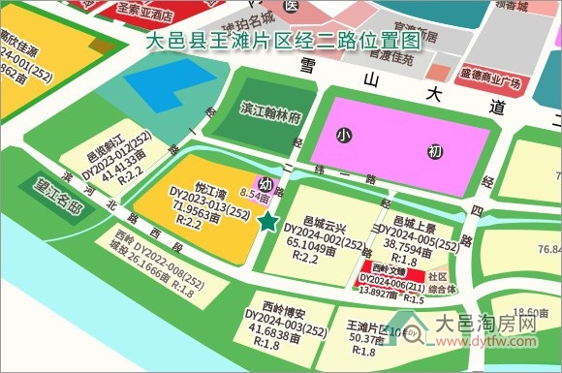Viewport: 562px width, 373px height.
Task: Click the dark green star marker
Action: (x=267, y=223)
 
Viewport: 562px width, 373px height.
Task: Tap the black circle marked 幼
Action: (x=265, y=183)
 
